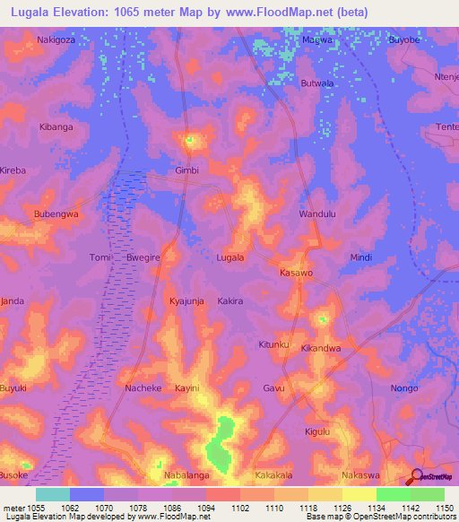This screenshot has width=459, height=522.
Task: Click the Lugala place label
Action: tap(230, 257)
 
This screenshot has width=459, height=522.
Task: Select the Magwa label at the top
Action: tap(316, 40)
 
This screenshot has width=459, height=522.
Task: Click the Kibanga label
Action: tap(56, 127)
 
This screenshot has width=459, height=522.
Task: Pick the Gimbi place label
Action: tap(186, 170)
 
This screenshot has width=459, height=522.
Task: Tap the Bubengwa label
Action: tap(56, 214)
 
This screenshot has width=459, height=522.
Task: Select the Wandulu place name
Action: tap(316, 215)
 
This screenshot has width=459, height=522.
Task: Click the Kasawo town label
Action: tap(296, 272)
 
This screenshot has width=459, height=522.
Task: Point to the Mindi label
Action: tap(360, 257)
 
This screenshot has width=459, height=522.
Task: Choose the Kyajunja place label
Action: tap(186, 301)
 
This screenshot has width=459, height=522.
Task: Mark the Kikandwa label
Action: tap(320, 347)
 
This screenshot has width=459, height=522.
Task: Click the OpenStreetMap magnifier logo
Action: tap(417, 476)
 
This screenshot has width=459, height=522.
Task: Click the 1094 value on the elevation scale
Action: tap(205, 508)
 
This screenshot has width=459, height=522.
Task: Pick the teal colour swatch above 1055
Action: tap(53, 494)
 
